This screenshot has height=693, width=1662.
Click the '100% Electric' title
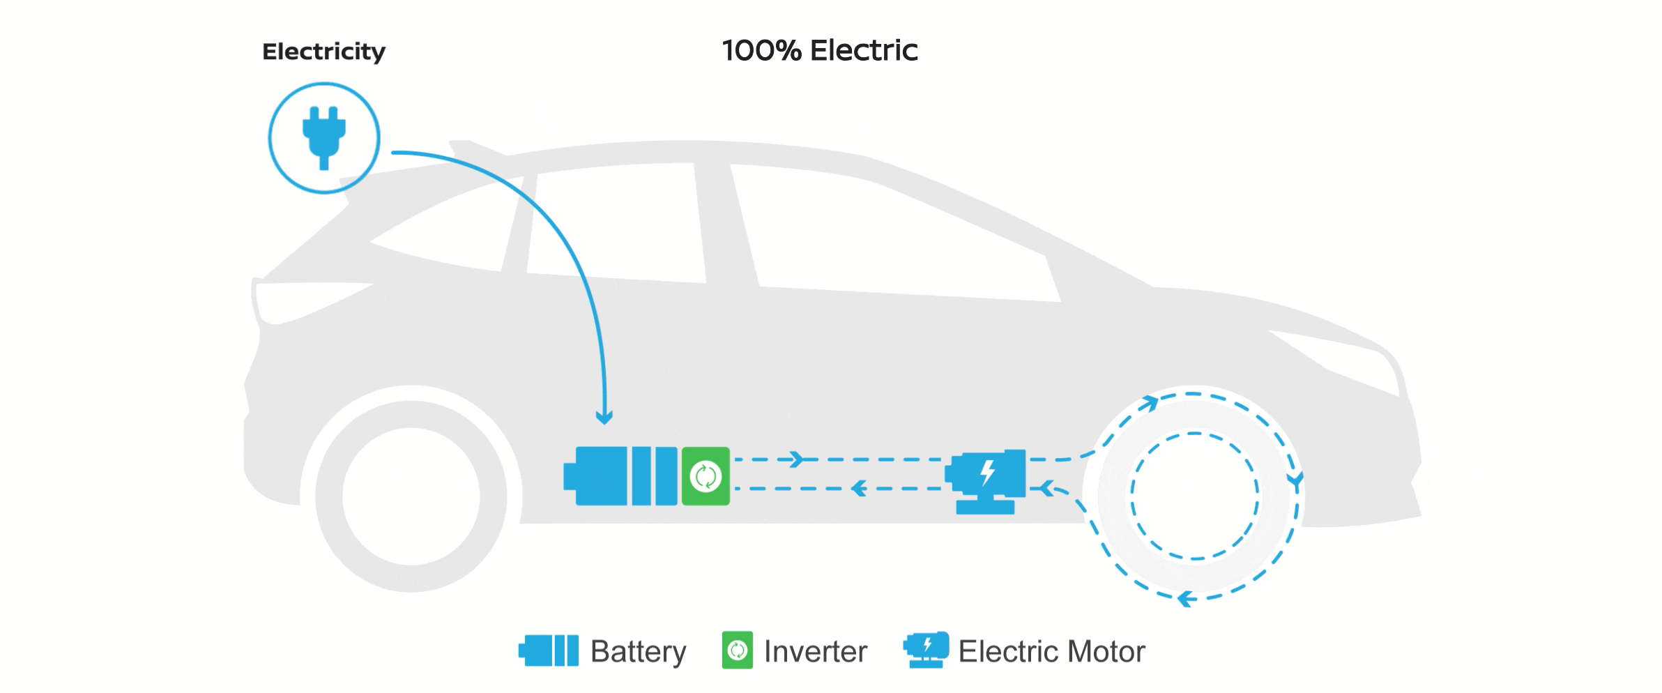pyautogui.click(x=820, y=51)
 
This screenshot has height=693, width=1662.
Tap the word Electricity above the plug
pyautogui.click(x=323, y=52)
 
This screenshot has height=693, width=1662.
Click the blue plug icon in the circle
pyautogui.click(x=324, y=137)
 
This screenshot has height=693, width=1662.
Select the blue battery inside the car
pyautogui.click(x=620, y=476)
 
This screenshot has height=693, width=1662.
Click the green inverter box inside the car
pyautogui.click(x=706, y=476)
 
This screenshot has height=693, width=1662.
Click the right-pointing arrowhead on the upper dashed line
pyautogui.click(x=794, y=459)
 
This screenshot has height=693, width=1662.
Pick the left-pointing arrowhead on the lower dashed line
pyautogui.click(x=860, y=488)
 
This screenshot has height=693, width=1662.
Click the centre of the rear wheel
pyautogui.click(x=411, y=496)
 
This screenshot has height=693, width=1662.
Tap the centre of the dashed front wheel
pyautogui.click(x=1195, y=496)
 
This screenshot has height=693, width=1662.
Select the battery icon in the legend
pyautogui.click(x=549, y=650)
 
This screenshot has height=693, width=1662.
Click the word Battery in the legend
pyautogui.click(x=638, y=652)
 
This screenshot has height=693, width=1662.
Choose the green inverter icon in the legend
pyautogui.click(x=737, y=650)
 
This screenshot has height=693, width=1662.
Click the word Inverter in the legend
pyautogui.click(x=816, y=652)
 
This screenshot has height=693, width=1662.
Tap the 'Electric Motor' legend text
pyautogui.click(x=1051, y=652)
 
